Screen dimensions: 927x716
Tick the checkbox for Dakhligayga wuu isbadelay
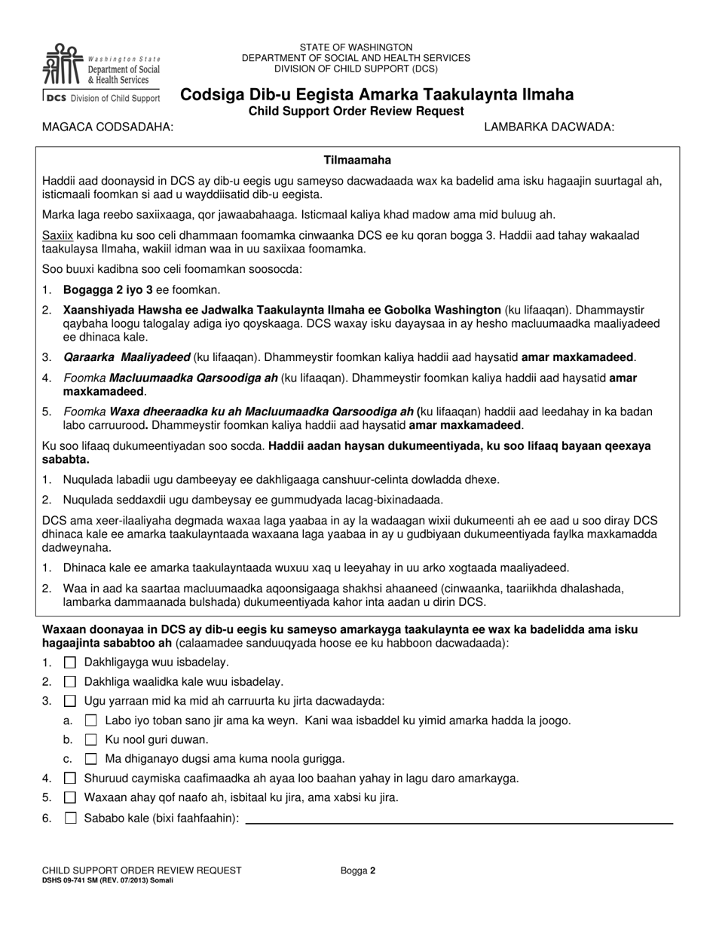[x=70, y=662]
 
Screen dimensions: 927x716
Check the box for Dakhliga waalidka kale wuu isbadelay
[x=70, y=681]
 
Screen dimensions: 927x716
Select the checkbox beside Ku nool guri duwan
[x=91, y=739]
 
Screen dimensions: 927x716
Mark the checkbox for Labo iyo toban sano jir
[x=91, y=720]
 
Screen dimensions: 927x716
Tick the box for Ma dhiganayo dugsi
[x=91, y=759]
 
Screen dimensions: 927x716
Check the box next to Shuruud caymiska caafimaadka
[x=70, y=779]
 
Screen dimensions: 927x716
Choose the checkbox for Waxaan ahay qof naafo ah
[x=70, y=797]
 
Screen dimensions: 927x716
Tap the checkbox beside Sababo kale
[x=70, y=818]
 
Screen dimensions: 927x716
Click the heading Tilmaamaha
[x=357, y=161]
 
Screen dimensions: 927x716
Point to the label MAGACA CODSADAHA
[x=108, y=127]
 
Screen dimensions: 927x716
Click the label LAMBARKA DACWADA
[x=549, y=127]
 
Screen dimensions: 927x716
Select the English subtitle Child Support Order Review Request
[x=356, y=112]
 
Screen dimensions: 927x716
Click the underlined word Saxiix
[x=57, y=236]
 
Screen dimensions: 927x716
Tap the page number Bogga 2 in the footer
[x=357, y=870]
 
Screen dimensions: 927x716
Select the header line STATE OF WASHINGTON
[x=356, y=47]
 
